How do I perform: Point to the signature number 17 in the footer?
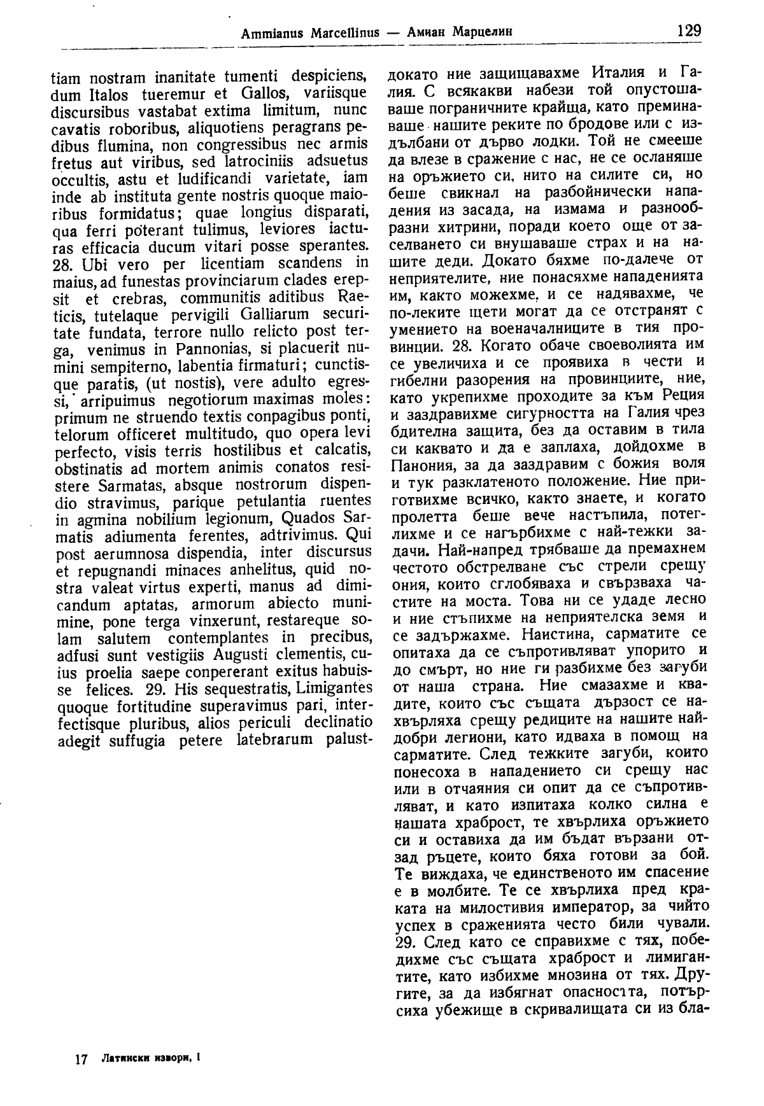[80, 1059]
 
